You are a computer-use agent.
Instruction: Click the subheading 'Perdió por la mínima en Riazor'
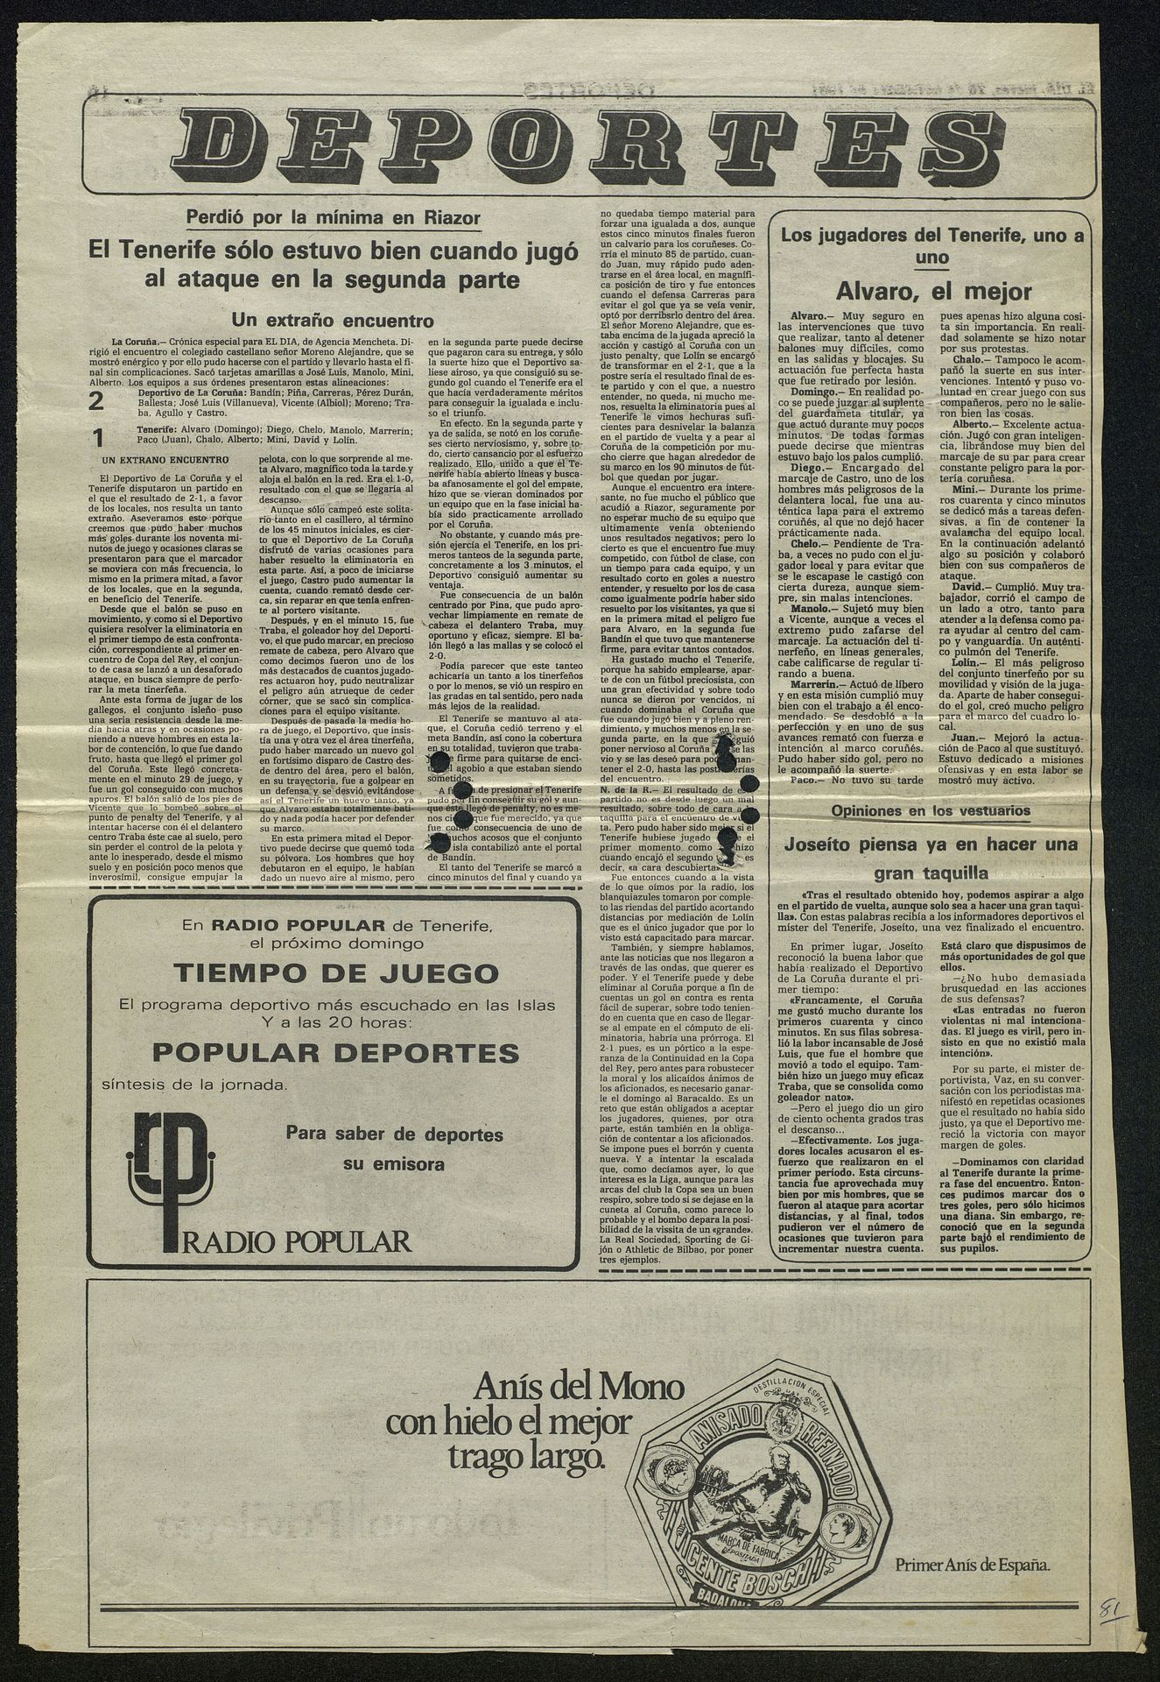[334, 218]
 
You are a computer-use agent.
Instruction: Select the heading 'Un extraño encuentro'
[333, 319]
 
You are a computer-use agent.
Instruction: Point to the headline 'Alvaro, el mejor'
[933, 291]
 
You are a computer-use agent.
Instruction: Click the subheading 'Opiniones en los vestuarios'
[931, 810]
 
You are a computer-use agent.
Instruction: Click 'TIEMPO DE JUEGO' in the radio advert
[336, 972]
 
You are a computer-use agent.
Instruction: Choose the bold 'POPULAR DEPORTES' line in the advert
[335, 1052]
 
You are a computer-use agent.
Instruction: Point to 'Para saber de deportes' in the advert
[394, 1134]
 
